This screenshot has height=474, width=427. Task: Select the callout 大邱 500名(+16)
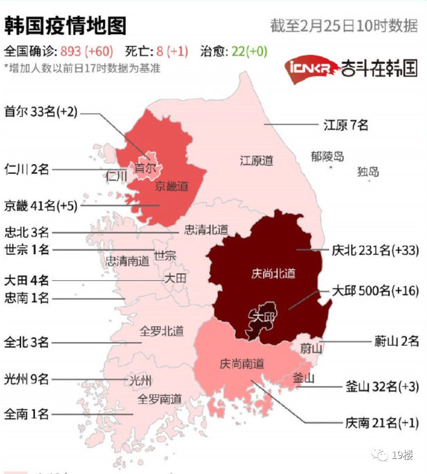[x=375, y=291]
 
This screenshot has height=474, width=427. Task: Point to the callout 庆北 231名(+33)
[x=375, y=250]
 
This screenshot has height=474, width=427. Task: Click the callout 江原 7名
[x=346, y=125]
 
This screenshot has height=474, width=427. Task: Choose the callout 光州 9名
[x=27, y=379]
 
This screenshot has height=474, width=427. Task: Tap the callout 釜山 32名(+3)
[x=382, y=387]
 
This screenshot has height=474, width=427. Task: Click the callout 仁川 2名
[x=27, y=169]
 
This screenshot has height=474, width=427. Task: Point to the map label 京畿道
[x=171, y=186]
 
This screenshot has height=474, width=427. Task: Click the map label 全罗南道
[x=160, y=399]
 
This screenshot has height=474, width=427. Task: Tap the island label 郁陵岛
[x=327, y=156]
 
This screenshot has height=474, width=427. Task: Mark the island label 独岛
[x=368, y=171]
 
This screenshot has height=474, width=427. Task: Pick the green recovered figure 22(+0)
[x=250, y=51]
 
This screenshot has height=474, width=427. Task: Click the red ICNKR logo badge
[x=310, y=69]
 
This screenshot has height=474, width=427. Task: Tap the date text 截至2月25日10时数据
[x=344, y=26]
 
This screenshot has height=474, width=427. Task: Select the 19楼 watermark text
[x=402, y=456]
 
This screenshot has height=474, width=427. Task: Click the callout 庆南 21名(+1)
[x=382, y=422]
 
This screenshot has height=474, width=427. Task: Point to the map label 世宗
[x=166, y=256]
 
